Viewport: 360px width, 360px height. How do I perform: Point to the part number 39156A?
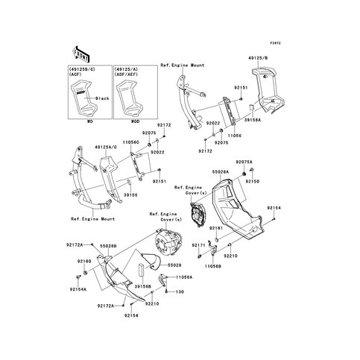click(237, 127)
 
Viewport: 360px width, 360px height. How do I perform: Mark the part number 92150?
click(275, 180)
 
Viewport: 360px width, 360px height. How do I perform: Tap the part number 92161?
click(215, 227)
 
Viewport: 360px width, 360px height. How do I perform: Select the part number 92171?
click(199, 244)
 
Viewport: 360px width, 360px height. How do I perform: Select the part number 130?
click(180, 291)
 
